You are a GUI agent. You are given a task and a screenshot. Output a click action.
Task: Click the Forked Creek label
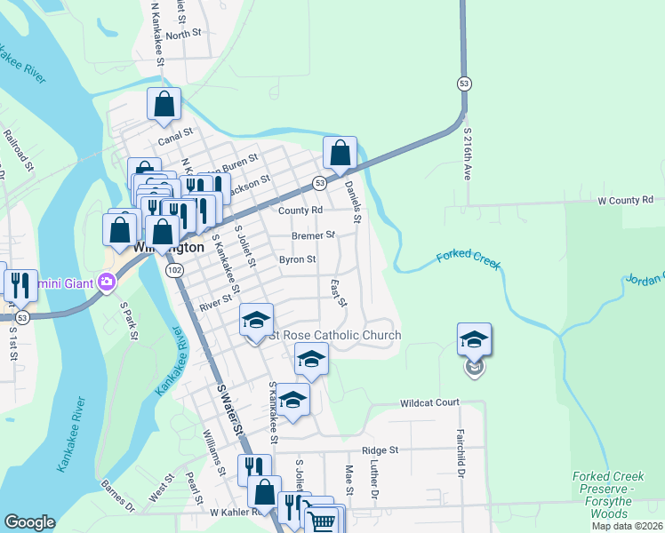469,259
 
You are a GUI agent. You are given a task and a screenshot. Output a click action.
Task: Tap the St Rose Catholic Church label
335,335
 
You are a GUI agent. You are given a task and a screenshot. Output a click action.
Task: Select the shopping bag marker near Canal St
164,105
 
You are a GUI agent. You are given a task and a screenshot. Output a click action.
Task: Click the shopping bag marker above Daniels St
340,154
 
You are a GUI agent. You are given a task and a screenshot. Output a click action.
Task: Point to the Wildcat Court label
429,402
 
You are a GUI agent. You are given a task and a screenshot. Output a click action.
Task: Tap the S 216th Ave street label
468,153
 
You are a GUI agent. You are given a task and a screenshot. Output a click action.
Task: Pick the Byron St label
298,259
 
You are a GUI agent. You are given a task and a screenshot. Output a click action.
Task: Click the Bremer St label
313,235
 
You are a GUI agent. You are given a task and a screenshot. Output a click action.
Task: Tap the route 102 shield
175,269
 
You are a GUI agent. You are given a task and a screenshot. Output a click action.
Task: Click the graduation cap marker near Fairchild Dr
474,340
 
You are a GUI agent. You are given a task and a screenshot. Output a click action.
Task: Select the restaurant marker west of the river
20,286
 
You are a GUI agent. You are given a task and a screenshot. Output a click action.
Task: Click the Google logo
29,522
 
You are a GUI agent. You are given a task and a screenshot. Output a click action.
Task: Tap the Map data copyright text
626,526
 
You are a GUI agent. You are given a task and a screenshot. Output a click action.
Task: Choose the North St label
184,35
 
